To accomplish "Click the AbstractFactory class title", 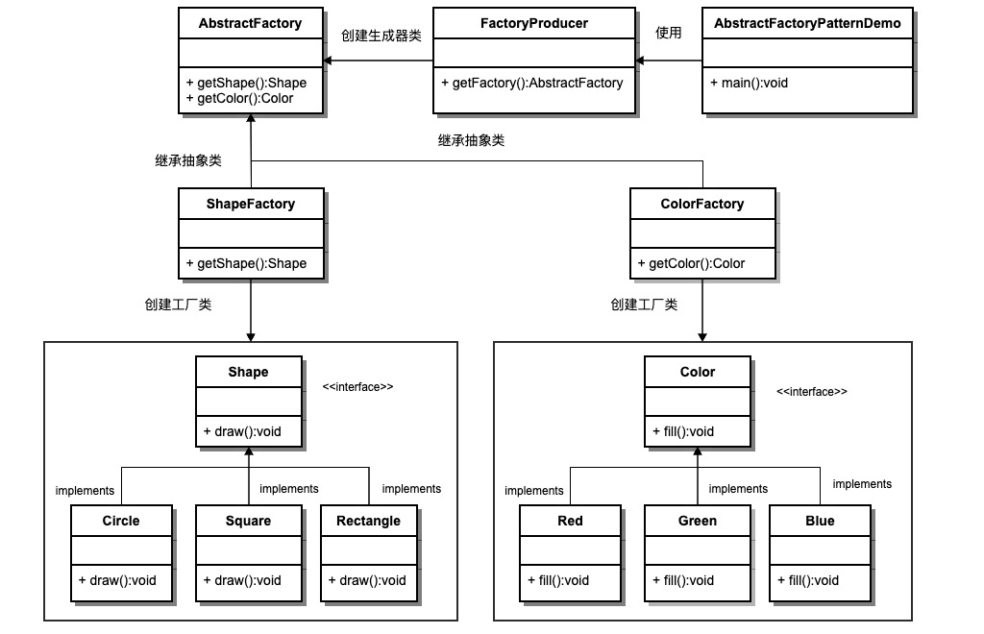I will coord(250,24).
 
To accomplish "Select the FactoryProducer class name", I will coord(533,24).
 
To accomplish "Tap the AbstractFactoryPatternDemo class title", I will coord(808,24).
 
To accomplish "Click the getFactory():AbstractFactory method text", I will coord(532,83).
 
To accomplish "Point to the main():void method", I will coord(750,83).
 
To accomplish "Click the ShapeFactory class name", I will coord(250,204).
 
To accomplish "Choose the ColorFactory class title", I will coord(702,204).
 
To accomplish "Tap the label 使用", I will coord(668,33).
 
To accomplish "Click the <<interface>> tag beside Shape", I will coord(358,387).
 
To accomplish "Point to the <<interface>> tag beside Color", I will coord(812,392).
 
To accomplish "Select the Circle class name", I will coord(121,521).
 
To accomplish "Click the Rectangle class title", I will coord(369,521).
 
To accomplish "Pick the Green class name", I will coord(698,521).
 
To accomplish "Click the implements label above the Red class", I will coord(533,491).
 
